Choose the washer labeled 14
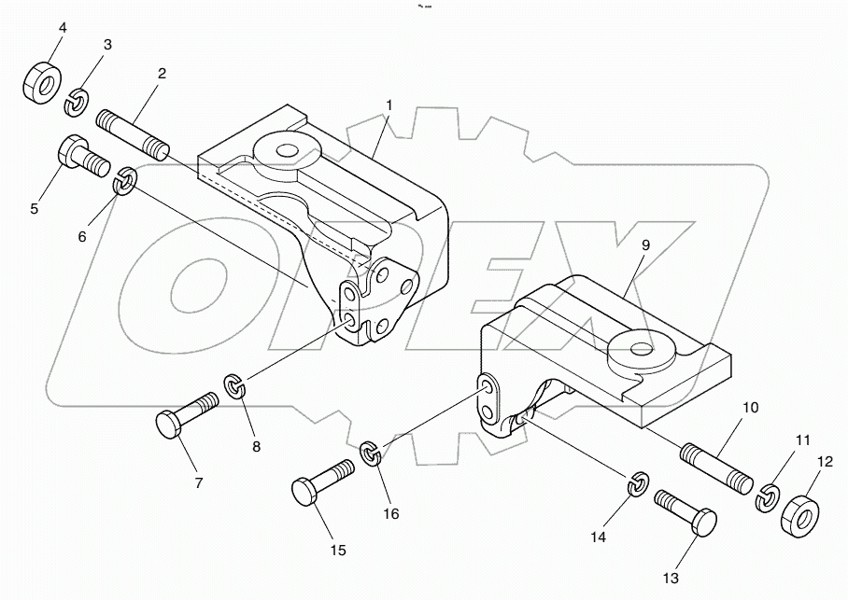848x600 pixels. coord(638,484)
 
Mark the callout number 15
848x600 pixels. coord(338,550)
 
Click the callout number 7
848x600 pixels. coord(198,483)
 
